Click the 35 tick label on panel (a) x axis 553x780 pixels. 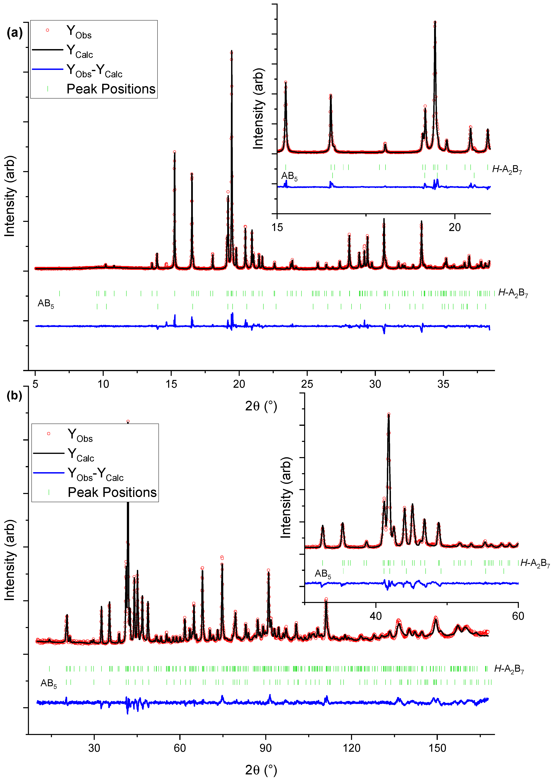point(443,384)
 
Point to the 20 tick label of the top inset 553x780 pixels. point(455,227)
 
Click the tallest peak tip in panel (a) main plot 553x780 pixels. point(232,51)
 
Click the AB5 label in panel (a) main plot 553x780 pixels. point(46,303)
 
